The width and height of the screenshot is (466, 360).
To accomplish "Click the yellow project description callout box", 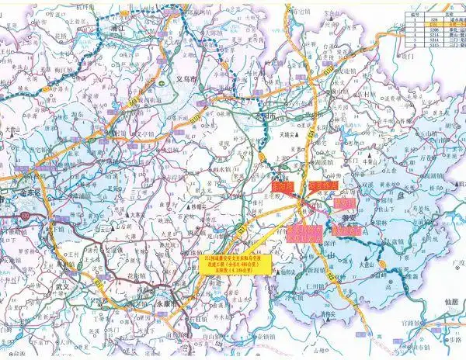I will point(234,261).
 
